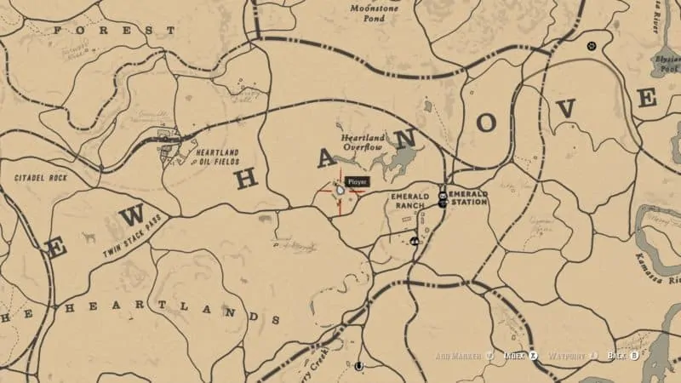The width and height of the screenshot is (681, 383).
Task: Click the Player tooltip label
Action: click(357, 181)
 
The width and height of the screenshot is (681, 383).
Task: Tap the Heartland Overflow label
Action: click(363, 142)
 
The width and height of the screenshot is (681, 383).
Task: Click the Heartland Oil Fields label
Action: click(219, 157)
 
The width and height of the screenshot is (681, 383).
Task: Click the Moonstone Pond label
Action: click(374, 12)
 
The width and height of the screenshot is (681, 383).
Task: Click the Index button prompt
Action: click(519, 355)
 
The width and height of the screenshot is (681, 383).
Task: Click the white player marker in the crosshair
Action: click(340, 191)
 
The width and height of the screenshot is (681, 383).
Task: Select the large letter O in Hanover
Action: click(486, 123)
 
